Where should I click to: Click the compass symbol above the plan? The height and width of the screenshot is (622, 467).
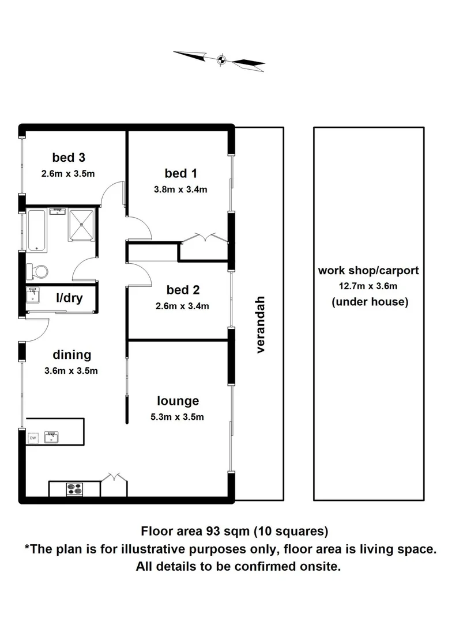[x=220, y=59]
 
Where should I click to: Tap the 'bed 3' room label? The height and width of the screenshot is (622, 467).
[x=69, y=157]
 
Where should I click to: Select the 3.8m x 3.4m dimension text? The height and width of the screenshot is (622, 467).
[x=180, y=189]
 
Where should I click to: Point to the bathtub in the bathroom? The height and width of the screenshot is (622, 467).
[x=37, y=230]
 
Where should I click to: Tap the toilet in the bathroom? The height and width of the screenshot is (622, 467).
[x=38, y=270]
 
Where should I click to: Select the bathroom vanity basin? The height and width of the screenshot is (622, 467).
[x=58, y=213]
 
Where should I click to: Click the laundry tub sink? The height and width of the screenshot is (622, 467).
[x=33, y=296]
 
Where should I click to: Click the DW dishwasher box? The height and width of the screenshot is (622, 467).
[x=33, y=438]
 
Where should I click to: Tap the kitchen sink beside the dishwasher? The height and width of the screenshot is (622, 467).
[x=52, y=437]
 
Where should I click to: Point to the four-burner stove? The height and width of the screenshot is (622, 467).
[x=74, y=489]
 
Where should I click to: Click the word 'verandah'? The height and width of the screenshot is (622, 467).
[x=260, y=325]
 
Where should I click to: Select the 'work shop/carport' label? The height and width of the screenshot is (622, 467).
[x=368, y=270]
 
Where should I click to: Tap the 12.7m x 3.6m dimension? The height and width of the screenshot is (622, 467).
[x=370, y=286]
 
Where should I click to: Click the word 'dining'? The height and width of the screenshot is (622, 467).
[x=71, y=354]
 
